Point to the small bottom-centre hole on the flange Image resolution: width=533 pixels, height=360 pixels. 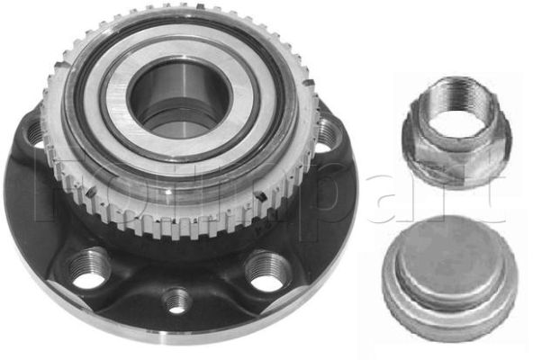point(177,299)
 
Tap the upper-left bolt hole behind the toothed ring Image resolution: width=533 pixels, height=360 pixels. point(35,134)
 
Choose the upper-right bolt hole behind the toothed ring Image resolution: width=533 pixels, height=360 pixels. point(326,136)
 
